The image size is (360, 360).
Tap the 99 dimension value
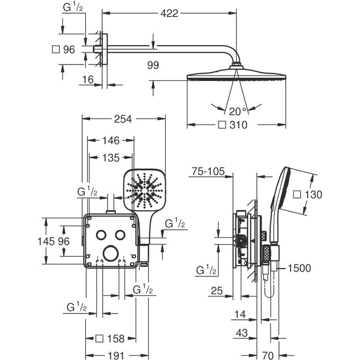coord(154,65)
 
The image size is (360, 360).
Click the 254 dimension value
coord(123,120)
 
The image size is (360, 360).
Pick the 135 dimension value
coord(110,157)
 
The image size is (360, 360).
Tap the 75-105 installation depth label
coord(208,172)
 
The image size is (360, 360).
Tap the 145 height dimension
coord(47,241)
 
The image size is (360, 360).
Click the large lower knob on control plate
coord(111,253)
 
